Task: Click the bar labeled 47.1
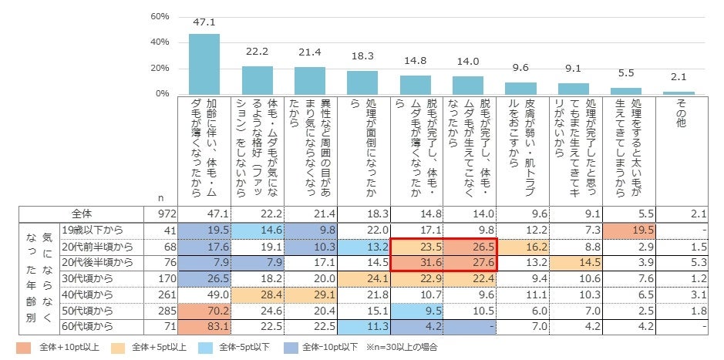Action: point(204,64)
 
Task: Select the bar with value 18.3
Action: point(362,82)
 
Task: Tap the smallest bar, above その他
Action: point(679,93)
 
